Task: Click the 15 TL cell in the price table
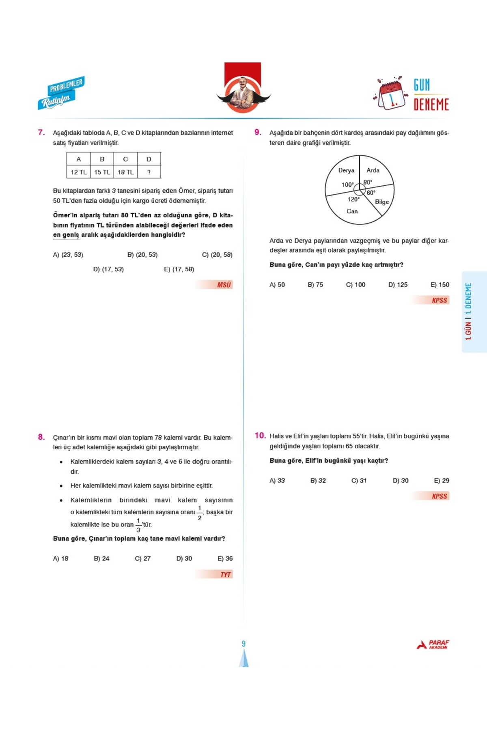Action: click(102, 172)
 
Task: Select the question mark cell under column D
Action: click(149, 172)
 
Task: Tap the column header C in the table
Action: click(125, 159)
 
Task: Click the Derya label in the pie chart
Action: click(346, 170)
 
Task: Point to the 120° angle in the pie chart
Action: click(353, 199)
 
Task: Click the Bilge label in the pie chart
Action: click(381, 202)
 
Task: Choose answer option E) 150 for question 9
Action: click(440, 285)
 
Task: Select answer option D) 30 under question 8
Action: click(184, 558)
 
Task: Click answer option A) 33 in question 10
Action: click(277, 481)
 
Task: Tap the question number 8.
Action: click(41, 437)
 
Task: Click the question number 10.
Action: click(260, 436)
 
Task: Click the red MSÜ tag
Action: click(223, 285)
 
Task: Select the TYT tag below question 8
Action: click(225, 574)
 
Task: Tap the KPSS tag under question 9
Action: click(439, 300)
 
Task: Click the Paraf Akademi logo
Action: click(433, 644)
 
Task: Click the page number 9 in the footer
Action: click(243, 644)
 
